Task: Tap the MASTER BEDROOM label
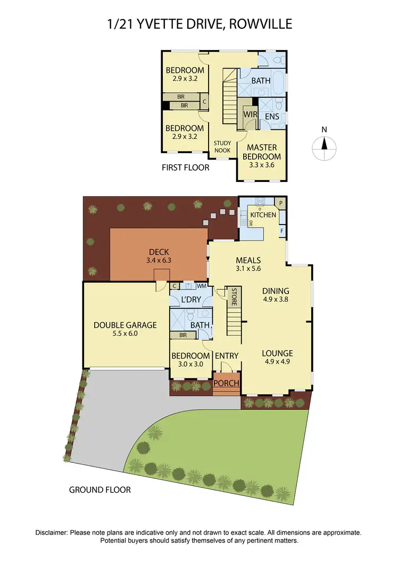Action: click(262, 152)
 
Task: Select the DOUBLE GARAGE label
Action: click(125, 325)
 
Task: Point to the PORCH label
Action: click(226, 383)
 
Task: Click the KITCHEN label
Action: click(263, 215)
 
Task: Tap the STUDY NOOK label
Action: click(222, 147)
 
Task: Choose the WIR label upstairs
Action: click(250, 114)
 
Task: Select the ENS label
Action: click(272, 114)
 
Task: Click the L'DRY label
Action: click(191, 300)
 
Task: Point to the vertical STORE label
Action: click(234, 296)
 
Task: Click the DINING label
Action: click(276, 291)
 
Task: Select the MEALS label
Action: click(248, 260)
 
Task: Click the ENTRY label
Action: click(227, 356)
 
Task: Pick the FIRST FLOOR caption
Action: click(185, 168)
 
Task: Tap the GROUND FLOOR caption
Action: click(100, 490)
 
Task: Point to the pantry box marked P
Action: click(281, 203)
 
